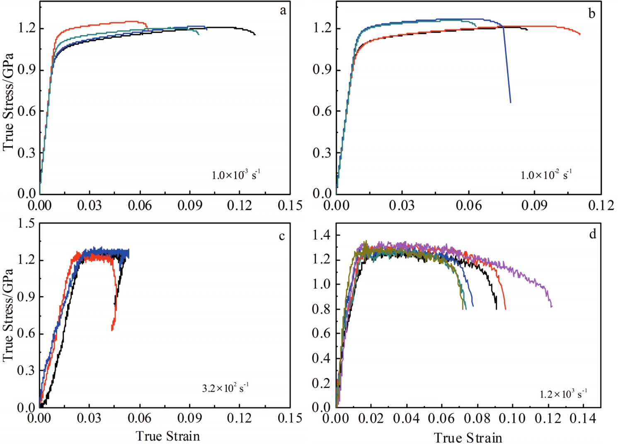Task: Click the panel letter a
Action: (283, 11)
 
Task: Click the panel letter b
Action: (591, 14)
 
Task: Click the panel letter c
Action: (282, 236)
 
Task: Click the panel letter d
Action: (593, 234)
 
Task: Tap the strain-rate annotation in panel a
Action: (236, 174)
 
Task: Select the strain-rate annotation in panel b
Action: (546, 174)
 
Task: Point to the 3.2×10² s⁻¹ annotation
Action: (225, 388)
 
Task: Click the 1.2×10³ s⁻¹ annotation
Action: (563, 393)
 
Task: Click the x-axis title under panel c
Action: (168, 436)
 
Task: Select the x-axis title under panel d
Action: (468, 438)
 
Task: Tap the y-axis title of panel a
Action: (8, 102)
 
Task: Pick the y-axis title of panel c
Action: (8, 315)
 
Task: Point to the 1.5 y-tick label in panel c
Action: (26, 224)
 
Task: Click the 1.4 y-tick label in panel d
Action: (321, 235)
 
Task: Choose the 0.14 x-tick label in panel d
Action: (583, 419)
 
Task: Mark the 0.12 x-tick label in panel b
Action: (601, 205)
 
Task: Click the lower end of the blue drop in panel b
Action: (510, 102)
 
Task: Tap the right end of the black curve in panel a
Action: (255, 34)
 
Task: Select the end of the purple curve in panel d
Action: (552, 306)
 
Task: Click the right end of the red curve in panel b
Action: (580, 34)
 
